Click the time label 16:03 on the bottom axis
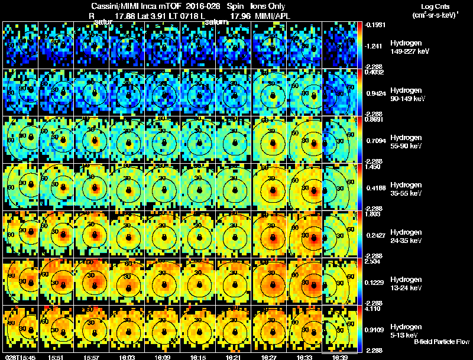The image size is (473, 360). point(128,357)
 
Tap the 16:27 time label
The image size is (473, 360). point(271,357)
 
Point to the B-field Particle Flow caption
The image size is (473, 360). point(442,342)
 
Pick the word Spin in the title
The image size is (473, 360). point(237,7)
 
